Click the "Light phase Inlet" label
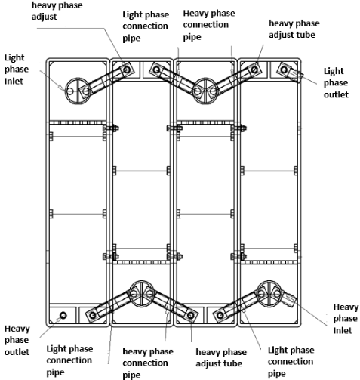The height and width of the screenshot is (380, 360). (x=17, y=70)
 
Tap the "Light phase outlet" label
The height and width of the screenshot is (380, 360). (x=336, y=83)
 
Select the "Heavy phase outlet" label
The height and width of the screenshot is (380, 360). (x=17, y=340)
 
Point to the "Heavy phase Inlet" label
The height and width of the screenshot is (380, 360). (x=346, y=319)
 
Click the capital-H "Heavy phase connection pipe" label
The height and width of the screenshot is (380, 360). (x=209, y=25)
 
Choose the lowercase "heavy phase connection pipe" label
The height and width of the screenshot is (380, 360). (x=148, y=363)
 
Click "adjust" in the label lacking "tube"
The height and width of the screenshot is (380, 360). (x=44, y=17)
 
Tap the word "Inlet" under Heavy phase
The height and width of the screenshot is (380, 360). (x=343, y=330)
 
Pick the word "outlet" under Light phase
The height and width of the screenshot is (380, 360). (x=336, y=94)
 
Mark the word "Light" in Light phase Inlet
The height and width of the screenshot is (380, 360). (x=14, y=57)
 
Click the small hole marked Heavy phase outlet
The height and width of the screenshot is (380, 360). (x=63, y=315)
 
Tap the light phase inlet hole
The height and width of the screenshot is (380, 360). (x=69, y=91)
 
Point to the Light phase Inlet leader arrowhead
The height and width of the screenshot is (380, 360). (x=60, y=87)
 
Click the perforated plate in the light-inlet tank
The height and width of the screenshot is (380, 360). (x=78, y=122)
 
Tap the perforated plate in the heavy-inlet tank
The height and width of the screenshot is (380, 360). (x=269, y=262)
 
